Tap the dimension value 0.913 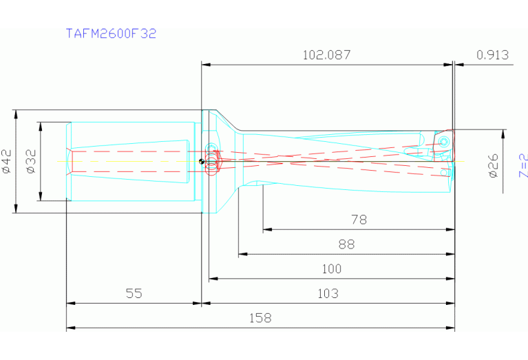(493, 55)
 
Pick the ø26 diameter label (493, 166)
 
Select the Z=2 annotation (522, 165)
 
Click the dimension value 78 (359, 220)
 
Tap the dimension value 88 (346, 244)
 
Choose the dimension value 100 (331, 268)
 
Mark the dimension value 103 (328, 293)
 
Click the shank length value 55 (134, 293)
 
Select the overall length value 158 (260, 318)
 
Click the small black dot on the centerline (201, 162)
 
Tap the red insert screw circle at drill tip (444, 141)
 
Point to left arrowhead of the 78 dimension (266, 231)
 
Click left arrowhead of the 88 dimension (242, 255)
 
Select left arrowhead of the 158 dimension (69, 328)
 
